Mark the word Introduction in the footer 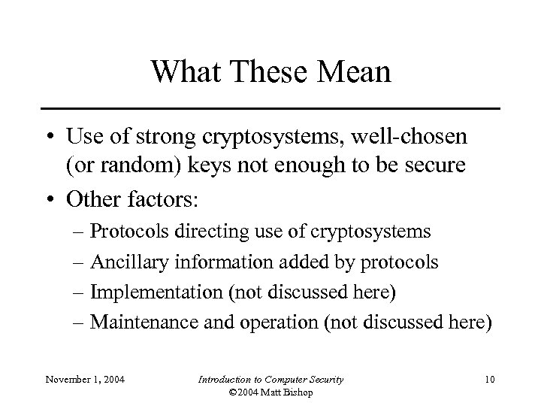222,379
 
